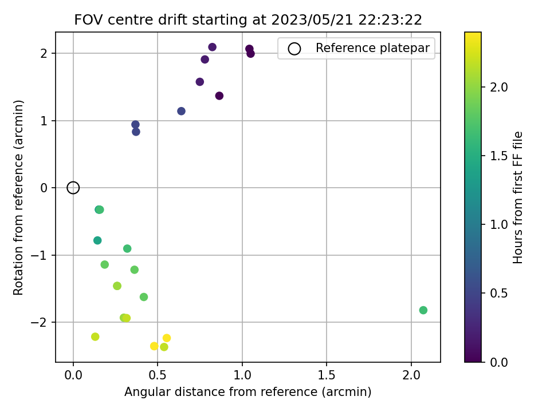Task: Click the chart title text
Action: click(248, 20)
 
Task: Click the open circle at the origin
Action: click(73, 188)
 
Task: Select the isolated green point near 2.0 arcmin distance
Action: click(423, 310)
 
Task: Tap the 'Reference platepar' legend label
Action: click(372, 48)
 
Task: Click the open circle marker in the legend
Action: click(294, 49)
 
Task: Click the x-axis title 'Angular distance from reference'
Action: click(248, 392)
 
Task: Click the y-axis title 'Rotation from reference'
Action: click(19, 197)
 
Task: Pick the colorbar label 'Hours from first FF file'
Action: click(518, 197)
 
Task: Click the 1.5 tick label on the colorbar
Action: click(498, 156)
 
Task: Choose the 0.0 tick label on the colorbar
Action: click(498, 362)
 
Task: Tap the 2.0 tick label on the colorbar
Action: click(498, 87)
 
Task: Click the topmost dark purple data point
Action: click(213, 47)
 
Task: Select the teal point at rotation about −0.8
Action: click(97, 240)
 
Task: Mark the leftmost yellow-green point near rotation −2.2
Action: click(95, 336)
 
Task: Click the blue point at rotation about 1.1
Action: click(181, 111)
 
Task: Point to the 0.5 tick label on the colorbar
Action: click(498, 294)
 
